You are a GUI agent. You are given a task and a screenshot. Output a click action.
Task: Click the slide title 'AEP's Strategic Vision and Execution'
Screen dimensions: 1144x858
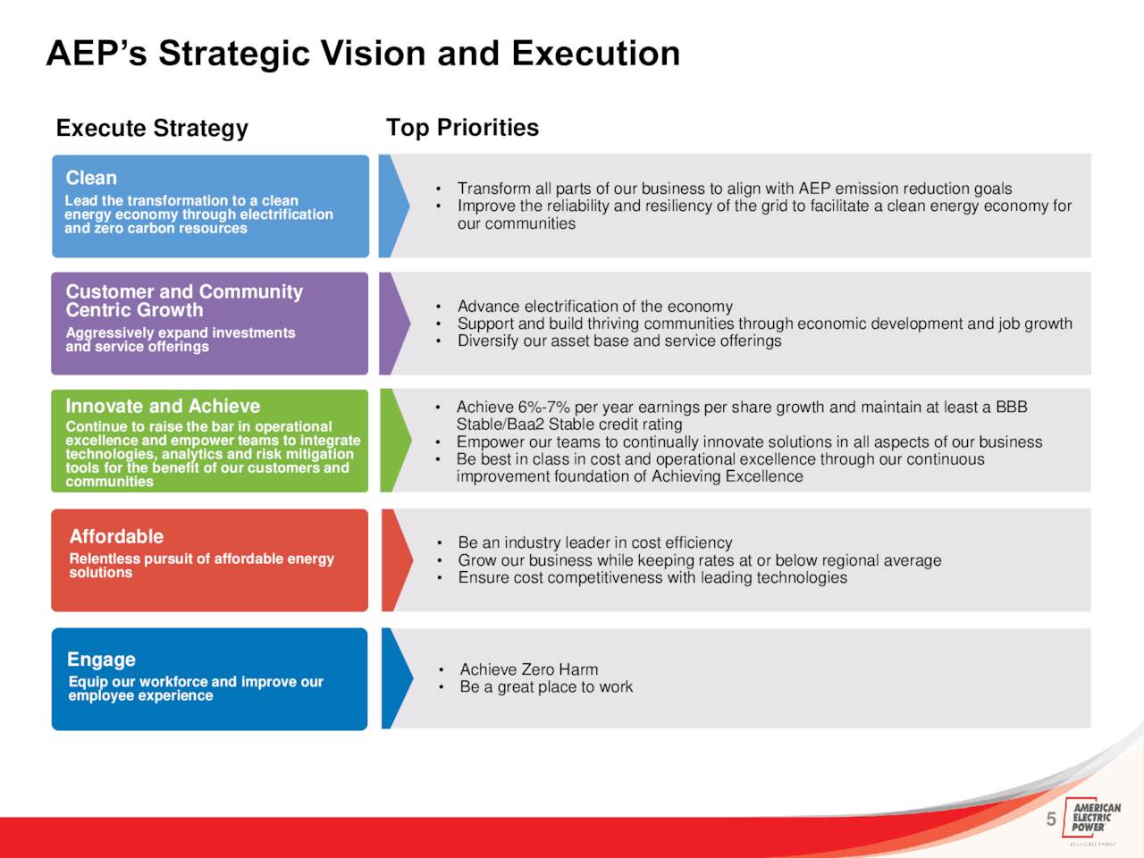click(x=363, y=53)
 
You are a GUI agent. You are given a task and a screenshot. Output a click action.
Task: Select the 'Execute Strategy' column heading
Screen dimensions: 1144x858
click(x=152, y=128)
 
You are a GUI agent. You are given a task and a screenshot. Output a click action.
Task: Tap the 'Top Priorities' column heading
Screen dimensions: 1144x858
click(x=462, y=128)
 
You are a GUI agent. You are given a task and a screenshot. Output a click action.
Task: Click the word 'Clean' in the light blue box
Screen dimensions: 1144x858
click(x=91, y=178)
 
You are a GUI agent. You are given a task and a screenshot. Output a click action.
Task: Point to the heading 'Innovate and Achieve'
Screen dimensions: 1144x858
click(x=163, y=406)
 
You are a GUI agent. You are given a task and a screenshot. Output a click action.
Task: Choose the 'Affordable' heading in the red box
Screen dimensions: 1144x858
click(x=116, y=536)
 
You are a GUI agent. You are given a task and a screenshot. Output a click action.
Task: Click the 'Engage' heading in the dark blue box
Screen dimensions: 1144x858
click(x=101, y=660)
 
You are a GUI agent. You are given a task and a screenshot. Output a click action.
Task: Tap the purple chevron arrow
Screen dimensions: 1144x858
click(x=394, y=324)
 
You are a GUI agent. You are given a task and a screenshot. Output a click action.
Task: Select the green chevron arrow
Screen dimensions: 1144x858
click(x=395, y=441)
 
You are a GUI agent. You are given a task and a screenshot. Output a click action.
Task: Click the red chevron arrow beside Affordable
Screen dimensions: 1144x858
click(x=397, y=560)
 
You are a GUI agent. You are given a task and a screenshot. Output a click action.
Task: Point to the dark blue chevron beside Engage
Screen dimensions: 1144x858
click(x=397, y=678)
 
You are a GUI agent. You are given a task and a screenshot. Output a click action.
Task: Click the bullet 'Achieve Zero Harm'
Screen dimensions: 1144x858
click(x=528, y=669)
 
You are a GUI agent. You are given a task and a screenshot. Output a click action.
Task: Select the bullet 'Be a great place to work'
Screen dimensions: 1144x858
click(x=546, y=686)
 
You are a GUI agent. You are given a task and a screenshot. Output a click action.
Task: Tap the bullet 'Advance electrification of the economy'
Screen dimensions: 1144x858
click(x=594, y=307)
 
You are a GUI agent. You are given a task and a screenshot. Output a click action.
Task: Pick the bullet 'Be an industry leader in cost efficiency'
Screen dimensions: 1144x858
click(x=594, y=543)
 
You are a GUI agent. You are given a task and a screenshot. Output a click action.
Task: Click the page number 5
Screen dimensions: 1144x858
click(x=1051, y=820)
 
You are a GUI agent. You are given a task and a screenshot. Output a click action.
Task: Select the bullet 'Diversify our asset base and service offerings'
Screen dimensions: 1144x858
click(x=619, y=341)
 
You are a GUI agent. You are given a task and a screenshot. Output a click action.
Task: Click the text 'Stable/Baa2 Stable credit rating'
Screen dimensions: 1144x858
click(x=569, y=424)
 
